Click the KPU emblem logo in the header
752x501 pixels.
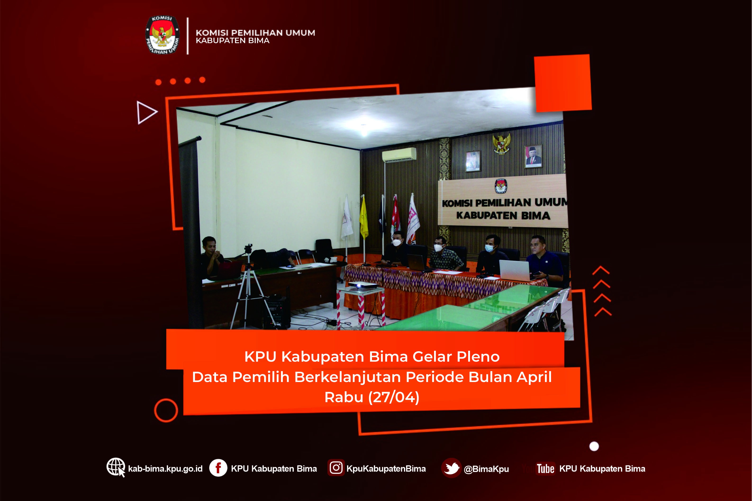point(162,35)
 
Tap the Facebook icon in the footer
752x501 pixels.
point(218,468)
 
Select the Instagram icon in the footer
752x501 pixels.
point(336,468)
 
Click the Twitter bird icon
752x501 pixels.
point(451,468)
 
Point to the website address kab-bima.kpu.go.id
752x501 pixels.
point(165,469)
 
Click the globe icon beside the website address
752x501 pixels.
point(116,467)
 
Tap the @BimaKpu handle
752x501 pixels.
point(486,469)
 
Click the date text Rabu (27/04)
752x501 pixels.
point(372,397)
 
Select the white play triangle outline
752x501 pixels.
point(147,113)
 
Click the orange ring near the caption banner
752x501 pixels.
point(166,410)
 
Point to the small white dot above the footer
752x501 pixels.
point(594,446)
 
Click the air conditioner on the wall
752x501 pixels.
point(399,155)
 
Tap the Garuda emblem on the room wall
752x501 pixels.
point(501,144)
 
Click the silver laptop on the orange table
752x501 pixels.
point(515,270)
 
